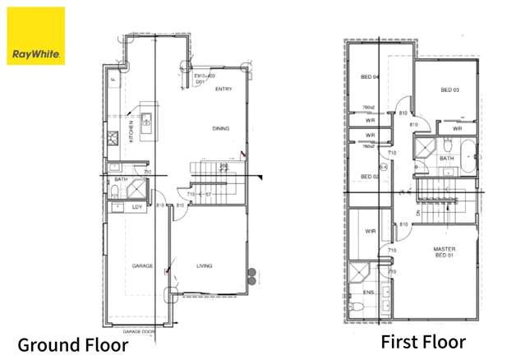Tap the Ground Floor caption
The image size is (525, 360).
pyautogui.click(x=72, y=344)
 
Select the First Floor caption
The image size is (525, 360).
pyautogui.click(x=422, y=342)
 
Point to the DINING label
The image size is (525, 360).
pyautogui.click(x=220, y=128)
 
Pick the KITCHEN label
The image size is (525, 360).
pyautogui.click(x=131, y=132)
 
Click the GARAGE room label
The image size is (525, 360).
pyautogui.click(x=143, y=266)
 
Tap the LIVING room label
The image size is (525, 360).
pyautogui.click(x=205, y=266)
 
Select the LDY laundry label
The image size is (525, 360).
pyautogui.click(x=137, y=207)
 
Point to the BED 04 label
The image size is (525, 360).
pyautogui.click(x=369, y=78)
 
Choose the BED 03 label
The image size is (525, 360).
pyautogui.click(x=449, y=90)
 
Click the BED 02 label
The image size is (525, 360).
pyautogui.click(x=369, y=177)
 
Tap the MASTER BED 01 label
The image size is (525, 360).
pyautogui.click(x=444, y=252)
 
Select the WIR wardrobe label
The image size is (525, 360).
pyautogui.click(x=370, y=232)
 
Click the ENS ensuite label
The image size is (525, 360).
pyautogui.click(x=369, y=292)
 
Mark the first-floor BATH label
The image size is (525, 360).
pyautogui.click(x=446, y=159)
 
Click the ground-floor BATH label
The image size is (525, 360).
pyautogui.click(x=121, y=179)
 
